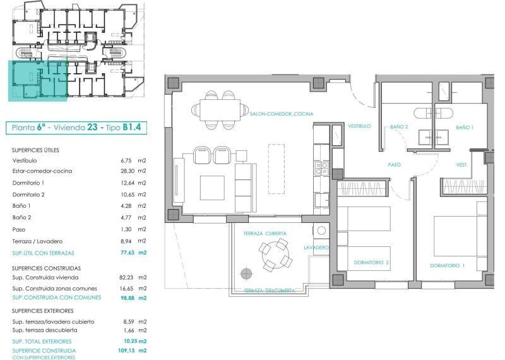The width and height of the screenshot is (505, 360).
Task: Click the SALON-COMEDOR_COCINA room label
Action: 282,114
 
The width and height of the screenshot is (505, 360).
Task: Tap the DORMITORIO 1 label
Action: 448,265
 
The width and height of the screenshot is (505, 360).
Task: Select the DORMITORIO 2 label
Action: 371,262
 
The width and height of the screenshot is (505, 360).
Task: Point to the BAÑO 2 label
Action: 399,127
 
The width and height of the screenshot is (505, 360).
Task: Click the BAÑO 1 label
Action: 465,128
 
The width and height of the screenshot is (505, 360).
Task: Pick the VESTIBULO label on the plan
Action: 359,126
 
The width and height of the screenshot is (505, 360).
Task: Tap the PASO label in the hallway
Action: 394,165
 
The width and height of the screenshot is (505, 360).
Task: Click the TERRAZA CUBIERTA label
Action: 265,233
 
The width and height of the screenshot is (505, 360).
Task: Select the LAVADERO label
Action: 316,248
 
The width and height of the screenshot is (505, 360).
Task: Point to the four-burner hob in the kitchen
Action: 321,169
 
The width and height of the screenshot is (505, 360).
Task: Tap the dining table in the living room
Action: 220,110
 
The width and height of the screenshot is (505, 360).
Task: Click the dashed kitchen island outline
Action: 276,169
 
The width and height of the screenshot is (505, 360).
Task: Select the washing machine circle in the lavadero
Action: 321,231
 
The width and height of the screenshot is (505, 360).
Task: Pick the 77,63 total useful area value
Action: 128,253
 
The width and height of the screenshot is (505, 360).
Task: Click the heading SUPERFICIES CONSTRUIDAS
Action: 46,268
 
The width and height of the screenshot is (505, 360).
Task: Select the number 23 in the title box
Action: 92,127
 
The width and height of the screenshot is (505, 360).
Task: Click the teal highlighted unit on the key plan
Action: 38,81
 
